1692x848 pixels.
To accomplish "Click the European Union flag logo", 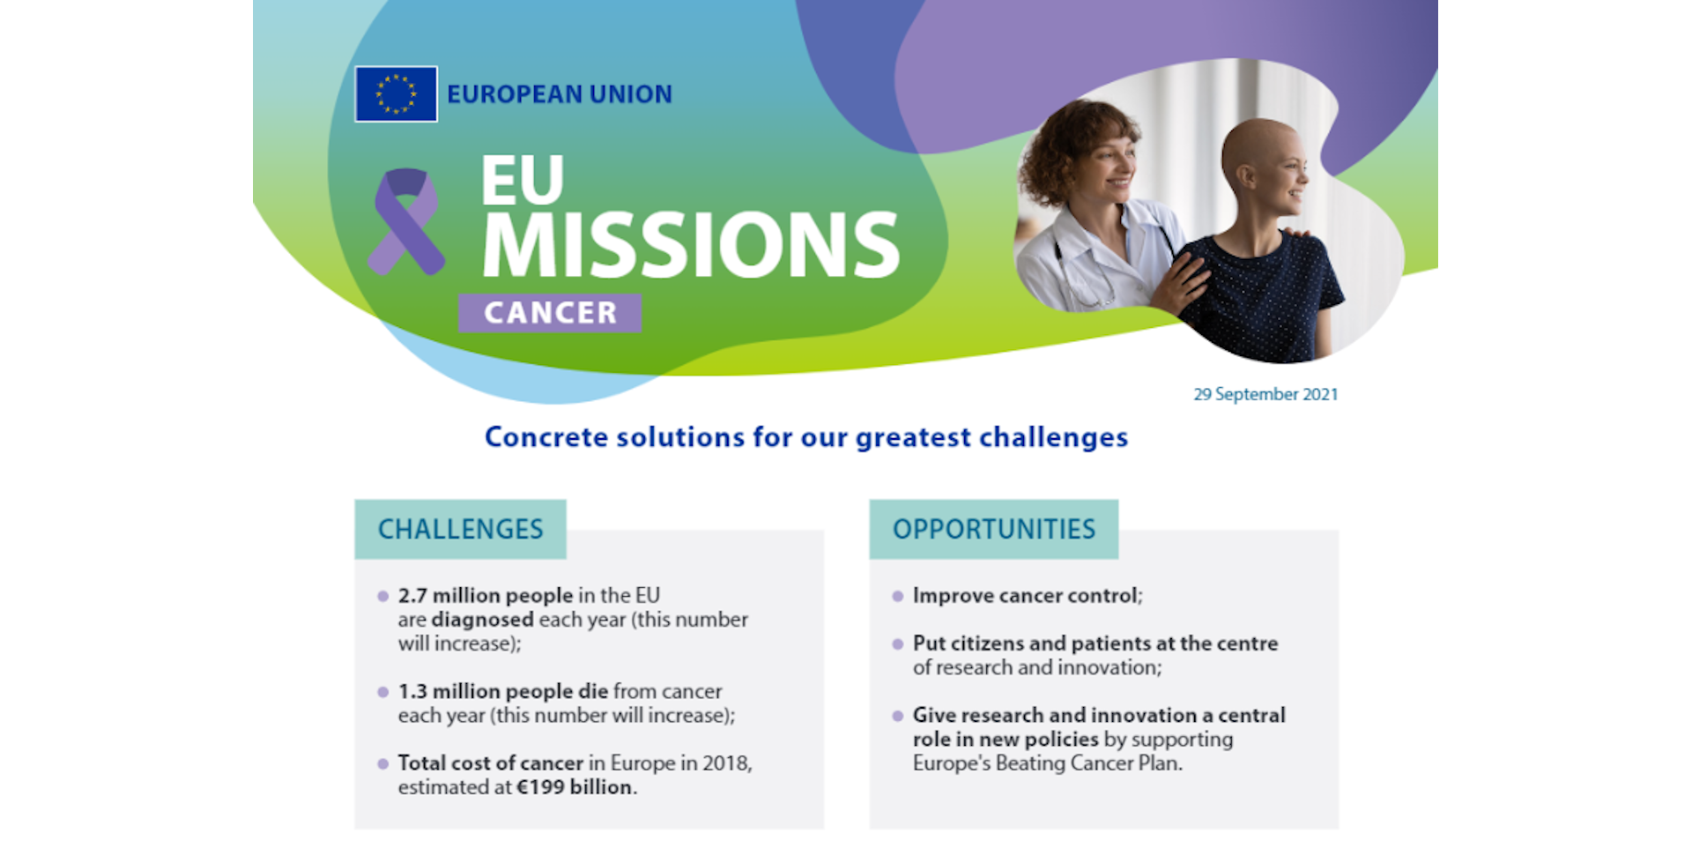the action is pos(396,93).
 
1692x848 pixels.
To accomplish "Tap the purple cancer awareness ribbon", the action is pos(405,221).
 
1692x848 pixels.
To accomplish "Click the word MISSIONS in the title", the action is pos(691,244).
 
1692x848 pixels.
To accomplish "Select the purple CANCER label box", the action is pos(550,312).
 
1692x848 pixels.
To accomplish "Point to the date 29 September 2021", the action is pos(1265,394).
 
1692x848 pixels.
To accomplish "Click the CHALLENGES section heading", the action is pos(460,529).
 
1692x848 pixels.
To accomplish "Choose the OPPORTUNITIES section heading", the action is pos(994,529).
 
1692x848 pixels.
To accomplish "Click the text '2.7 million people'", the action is pos(486,596).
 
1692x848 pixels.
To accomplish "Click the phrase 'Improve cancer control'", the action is pos(1025,596).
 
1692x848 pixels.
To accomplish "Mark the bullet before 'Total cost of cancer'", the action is pos(382,763).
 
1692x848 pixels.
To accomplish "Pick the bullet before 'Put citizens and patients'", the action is pos(897,643).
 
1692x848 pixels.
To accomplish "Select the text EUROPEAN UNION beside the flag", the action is pos(560,94).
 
